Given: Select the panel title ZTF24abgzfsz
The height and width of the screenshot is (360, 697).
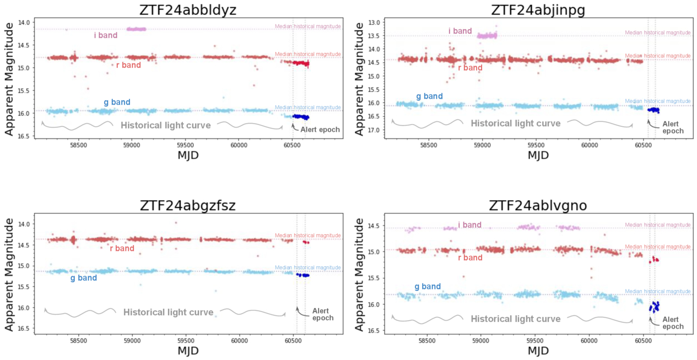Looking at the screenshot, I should pyautogui.click(x=187, y=206).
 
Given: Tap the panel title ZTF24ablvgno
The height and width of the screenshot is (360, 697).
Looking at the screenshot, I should pyautogui.click(x=538, y=206).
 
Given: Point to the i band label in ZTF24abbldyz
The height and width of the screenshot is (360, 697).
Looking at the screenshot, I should pyautogui.click(x=105, y=36).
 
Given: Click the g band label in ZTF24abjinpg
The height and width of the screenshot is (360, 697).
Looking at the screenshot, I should pyautogui.click(x=429, y=96).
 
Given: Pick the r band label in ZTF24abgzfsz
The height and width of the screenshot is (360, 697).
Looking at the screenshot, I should pyautogui.click(x=122, y=249).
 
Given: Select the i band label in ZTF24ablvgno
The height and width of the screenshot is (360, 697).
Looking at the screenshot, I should pyautogui.click(x=470, y=225).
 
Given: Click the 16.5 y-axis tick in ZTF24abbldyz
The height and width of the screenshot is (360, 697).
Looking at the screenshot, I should pyautogui.click(x=24, y=136).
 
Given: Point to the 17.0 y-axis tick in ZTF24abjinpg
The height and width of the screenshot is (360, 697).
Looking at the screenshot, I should pyautogui.click(x=375, y=130).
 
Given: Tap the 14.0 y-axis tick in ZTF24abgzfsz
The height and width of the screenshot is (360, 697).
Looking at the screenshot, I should pyautogui.click(x=24, y=224).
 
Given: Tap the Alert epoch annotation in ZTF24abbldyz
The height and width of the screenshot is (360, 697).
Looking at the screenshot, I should pyautogui.click(x=320, y=130).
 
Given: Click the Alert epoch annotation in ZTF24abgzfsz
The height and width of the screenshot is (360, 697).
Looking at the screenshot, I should pyautogui.click(x=323, y=314).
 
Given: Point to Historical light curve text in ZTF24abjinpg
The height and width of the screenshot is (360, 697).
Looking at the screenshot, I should pyautogui.click(x=516, y=124).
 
